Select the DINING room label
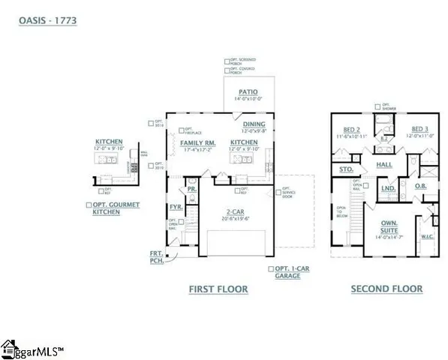(x=254, y=124)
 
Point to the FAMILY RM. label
(x=199, y=142)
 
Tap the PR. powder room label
(x=191, y=190)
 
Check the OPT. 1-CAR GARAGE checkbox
(x=271, y=268)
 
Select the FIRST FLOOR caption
(x=218, y=289)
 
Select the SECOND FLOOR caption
(x=386, y=289)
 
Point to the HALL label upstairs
(x=384, y=163)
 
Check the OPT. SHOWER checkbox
(x=378, y=105)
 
